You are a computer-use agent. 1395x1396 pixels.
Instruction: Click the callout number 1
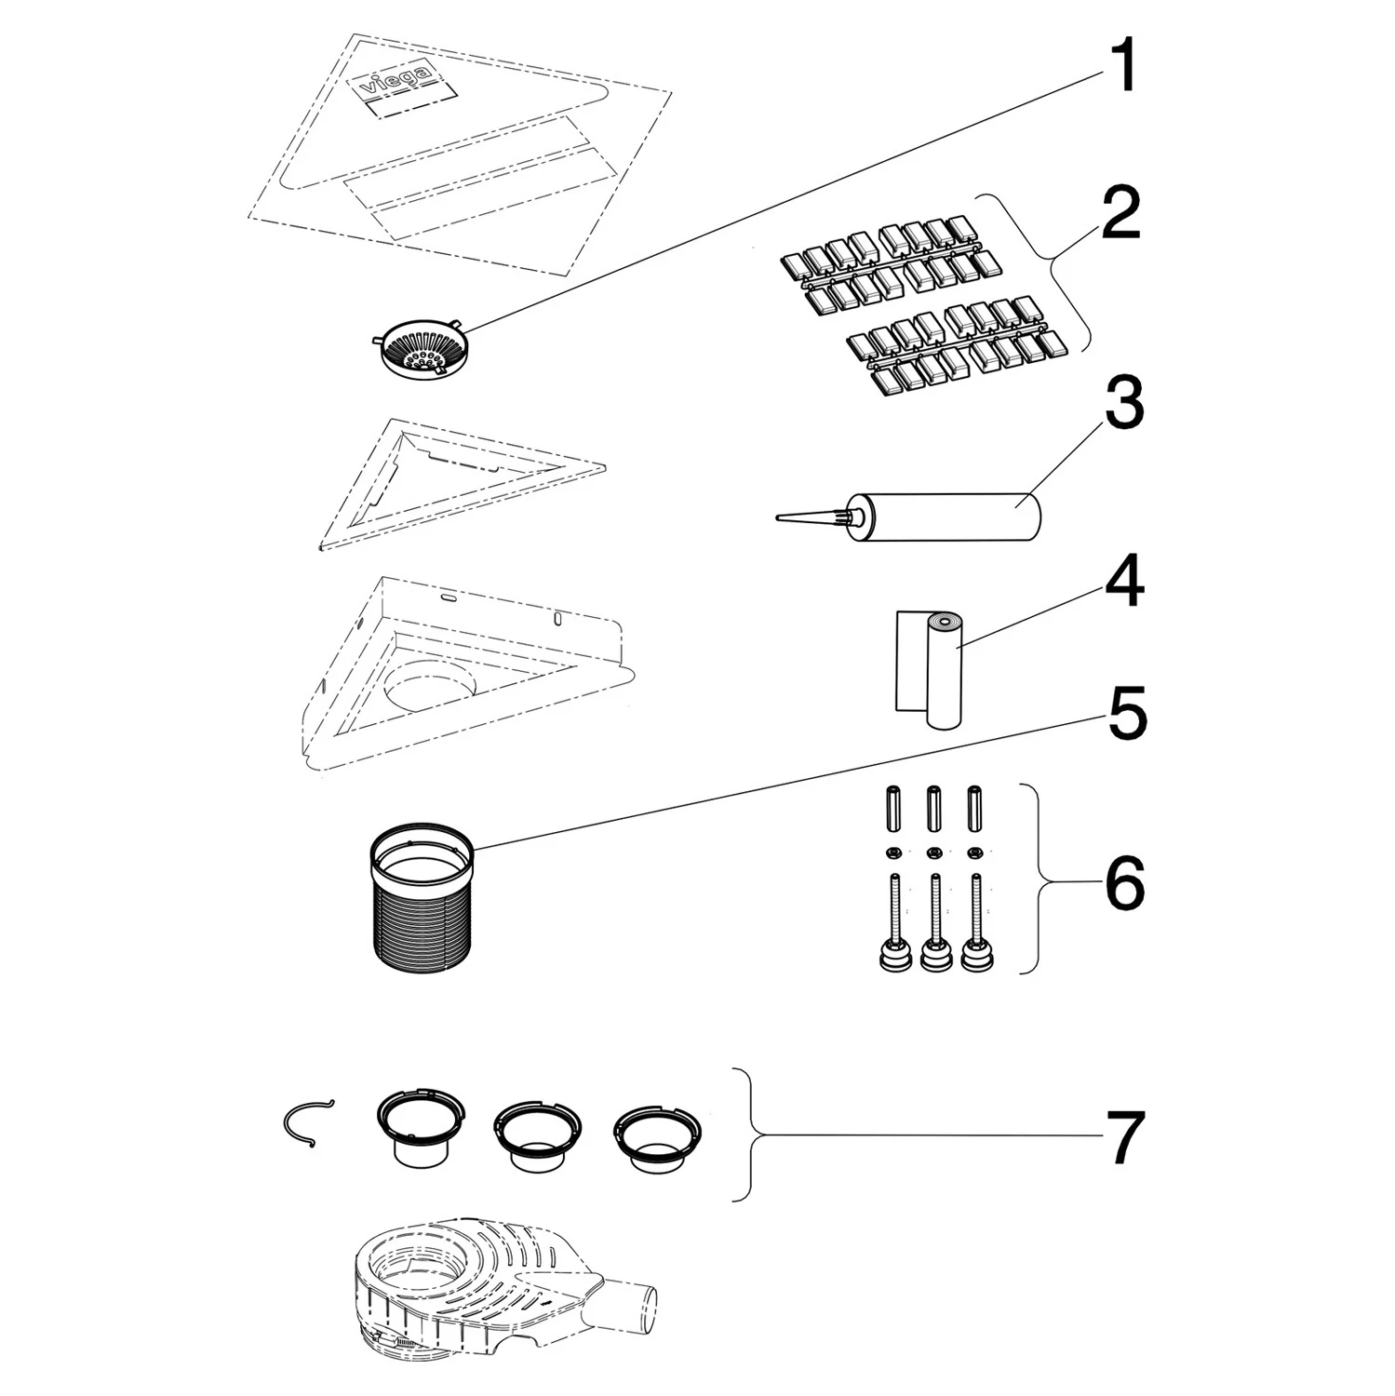coord(1125,67)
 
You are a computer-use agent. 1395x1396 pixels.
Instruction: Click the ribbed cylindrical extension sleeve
coord(423,895)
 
